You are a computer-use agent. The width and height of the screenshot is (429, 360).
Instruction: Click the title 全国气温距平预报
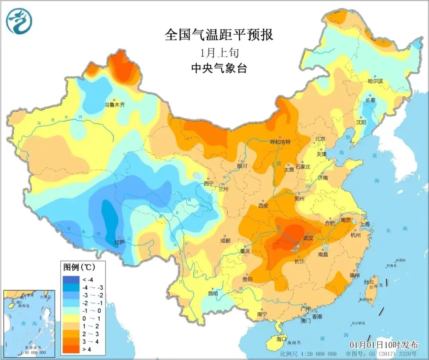point(219,35)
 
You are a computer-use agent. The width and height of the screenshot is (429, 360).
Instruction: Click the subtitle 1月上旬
point(219,52)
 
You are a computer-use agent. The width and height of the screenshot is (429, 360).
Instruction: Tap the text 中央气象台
point(219,68)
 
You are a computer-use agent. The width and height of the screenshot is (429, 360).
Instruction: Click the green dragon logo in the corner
point(19,21)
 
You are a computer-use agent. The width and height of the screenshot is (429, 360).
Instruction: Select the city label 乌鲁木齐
point(114,105)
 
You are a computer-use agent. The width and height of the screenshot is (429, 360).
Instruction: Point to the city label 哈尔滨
point(375,81)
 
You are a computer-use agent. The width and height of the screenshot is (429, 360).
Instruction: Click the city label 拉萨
point(120,242)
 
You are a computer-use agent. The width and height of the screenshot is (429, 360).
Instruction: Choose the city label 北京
point(320,139)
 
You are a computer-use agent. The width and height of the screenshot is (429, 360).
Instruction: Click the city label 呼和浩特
point(280,142)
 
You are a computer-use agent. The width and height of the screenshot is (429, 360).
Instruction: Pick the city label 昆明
point(213,294)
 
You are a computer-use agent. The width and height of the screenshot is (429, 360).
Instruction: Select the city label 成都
point(225,241)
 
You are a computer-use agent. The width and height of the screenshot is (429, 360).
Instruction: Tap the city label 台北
point(369,282)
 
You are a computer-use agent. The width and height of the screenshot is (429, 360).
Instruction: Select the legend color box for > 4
point(68,350)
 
